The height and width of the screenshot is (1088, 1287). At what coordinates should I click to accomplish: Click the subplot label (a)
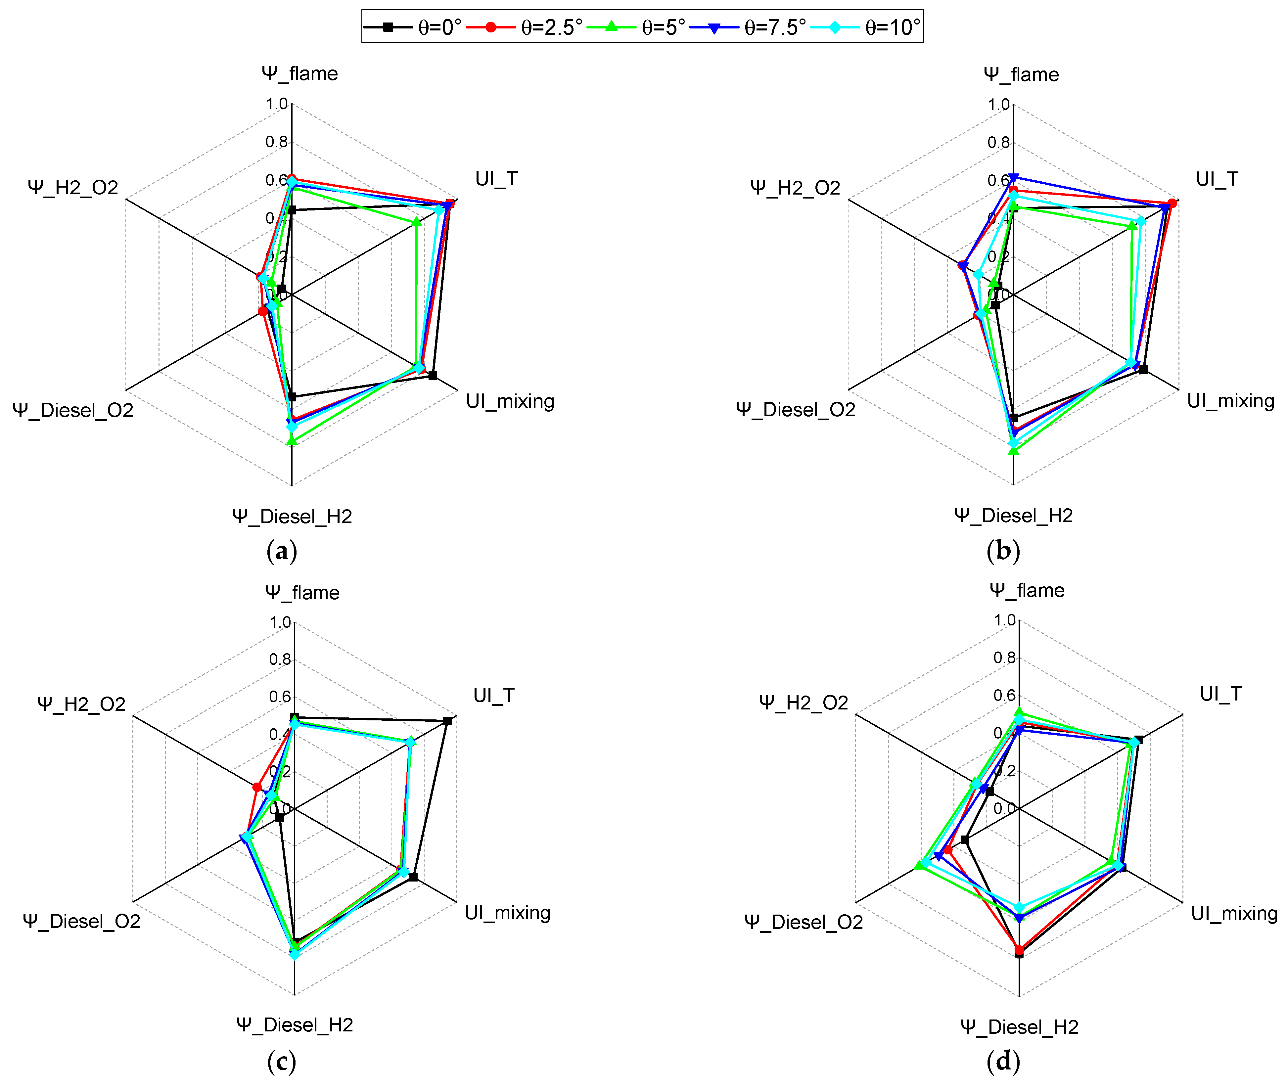(x=282, y=551)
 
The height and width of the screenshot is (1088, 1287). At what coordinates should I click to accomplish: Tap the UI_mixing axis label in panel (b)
(x=1230, y=401)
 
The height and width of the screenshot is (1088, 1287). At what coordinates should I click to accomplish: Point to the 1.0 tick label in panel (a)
(x=277, y=104)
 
